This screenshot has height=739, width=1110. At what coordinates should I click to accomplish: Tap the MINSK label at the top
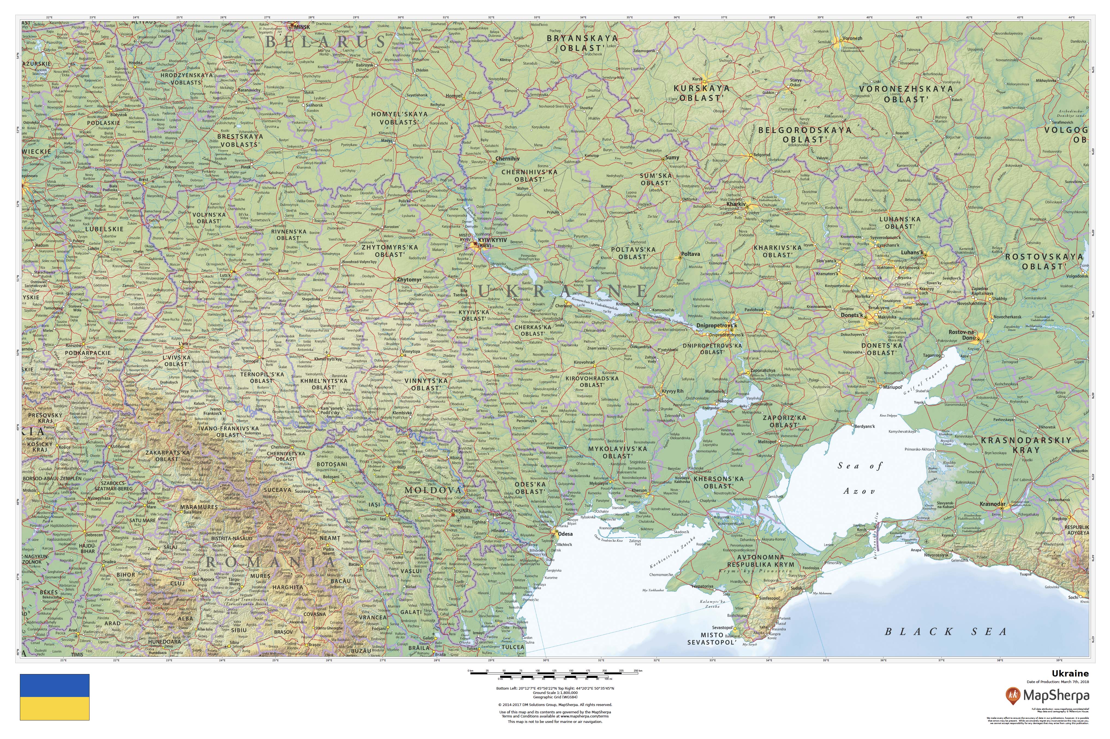[x=302, y=27]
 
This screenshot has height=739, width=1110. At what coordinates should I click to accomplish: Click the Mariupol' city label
[x=892, y=387]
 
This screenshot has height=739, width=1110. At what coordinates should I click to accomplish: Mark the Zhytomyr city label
[x=409, y=279]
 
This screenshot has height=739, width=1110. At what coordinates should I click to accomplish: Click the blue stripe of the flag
[x=54, y=685]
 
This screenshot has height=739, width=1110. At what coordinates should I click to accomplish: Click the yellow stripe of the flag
[x=54, y=708]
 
